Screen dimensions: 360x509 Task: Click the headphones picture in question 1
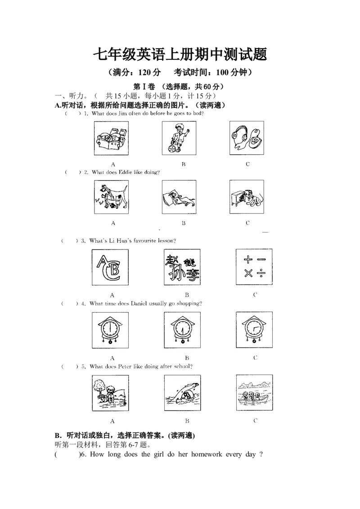(247, 138)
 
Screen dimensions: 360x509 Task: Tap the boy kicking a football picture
(179, 138)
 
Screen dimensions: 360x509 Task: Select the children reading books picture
(111, 138)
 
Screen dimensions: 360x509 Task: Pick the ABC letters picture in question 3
(110, 267)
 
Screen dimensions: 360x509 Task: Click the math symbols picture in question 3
(254, 267)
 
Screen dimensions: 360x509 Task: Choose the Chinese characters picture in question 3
(182, 267)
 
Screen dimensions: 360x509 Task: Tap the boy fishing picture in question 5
(110, 393)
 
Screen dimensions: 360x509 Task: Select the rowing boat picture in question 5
(254, 393)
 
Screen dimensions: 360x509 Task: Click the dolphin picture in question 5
(182, 393)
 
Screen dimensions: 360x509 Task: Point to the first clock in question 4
(110, 330)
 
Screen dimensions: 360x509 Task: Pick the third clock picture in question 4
(254, 330)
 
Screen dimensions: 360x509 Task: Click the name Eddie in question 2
(126, 172)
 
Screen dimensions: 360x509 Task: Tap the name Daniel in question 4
(139, 304)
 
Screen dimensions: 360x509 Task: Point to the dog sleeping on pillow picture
(179, 197)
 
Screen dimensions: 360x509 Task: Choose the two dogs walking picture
(111, 197)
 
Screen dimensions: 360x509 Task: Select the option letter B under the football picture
(184, 164)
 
